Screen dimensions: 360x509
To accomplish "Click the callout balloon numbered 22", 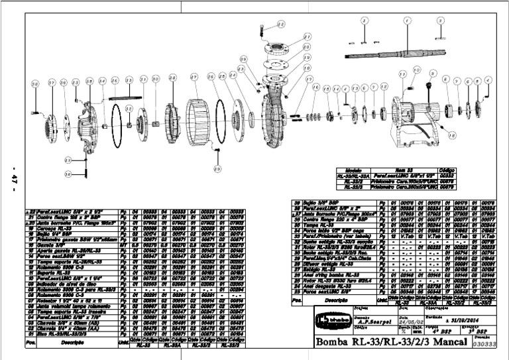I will pos(280,24).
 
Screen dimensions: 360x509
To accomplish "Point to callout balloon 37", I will pos(52,82).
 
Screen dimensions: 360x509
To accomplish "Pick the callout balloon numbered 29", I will pos(215,169).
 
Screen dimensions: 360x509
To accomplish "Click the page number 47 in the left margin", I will pos(13,179).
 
